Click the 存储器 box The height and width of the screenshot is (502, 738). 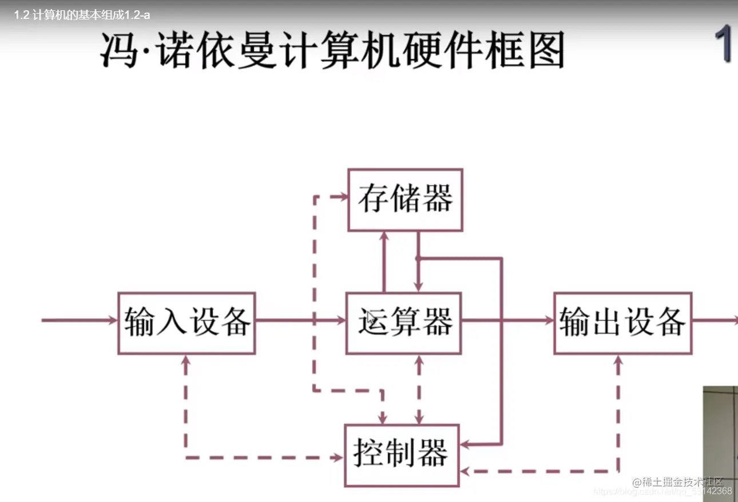(x=405, y=200)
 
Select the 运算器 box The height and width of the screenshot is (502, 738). (x=403, y=323)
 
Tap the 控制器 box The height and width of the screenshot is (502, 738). (x=402, y=455)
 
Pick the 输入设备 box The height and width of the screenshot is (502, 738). (x=187, y=323)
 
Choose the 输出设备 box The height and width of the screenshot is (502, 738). (x=622, y=323)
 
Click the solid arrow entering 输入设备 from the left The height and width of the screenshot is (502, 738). (x=80, y=320)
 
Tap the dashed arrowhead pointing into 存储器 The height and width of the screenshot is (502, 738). (x=342, y=196)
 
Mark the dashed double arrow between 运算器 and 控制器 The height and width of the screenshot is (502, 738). (x=419, y=389)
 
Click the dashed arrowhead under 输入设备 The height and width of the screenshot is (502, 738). (x=186, y=361)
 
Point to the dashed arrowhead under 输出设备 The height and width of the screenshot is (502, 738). (x=618, y=361)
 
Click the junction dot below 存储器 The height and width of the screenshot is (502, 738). (x=418, y=258)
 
